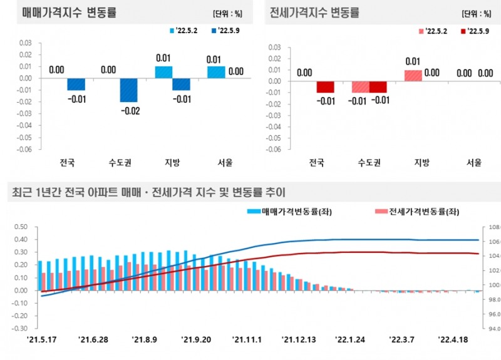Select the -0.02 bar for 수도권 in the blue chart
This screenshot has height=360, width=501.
(129, 90)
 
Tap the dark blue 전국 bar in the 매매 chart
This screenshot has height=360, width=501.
(76, 84)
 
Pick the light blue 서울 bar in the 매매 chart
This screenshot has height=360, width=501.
(216, 72)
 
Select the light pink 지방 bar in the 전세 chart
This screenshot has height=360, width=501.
(413, 75)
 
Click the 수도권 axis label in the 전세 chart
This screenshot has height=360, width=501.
(369, 163)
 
